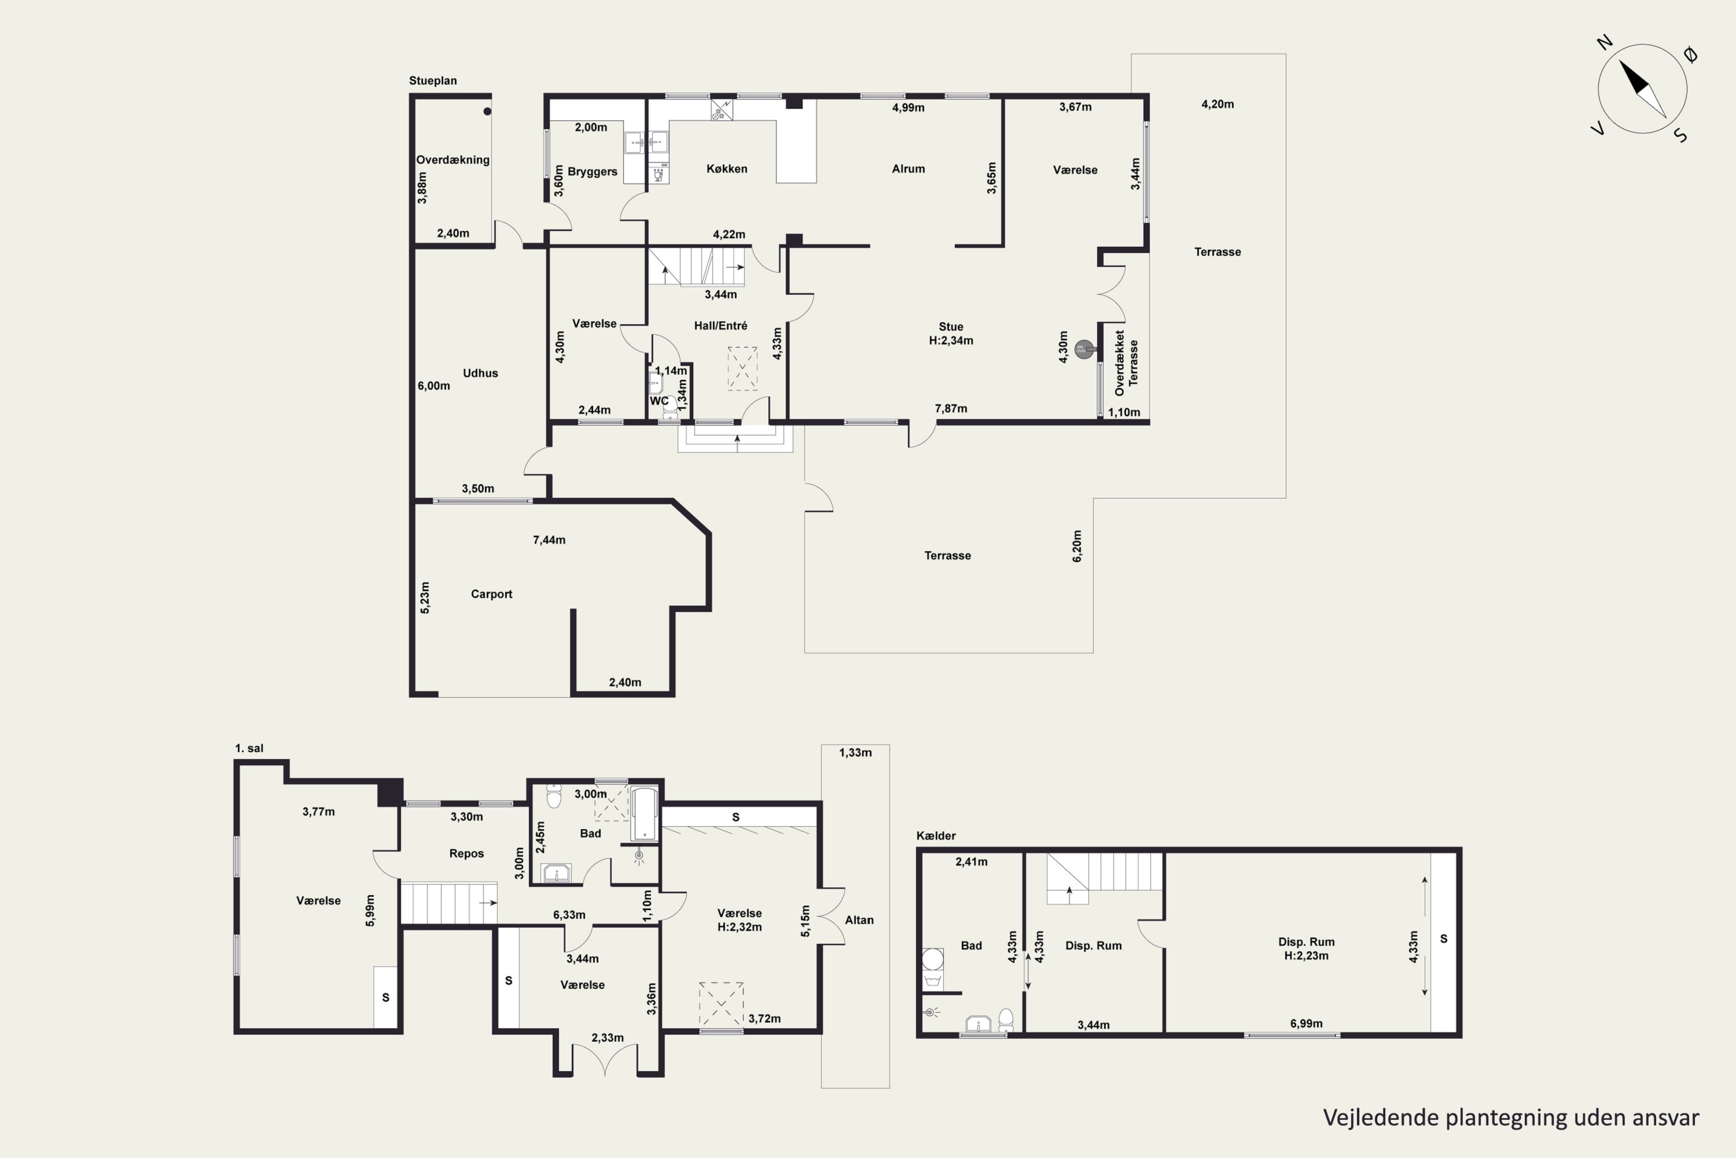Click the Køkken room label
[x=726, y=169]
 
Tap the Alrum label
[x=908, y=169]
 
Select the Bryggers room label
[x=592, y=172]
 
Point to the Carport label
[x=491, y=595]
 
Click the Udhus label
[x=480, y=373]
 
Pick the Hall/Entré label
[x=720, y=325]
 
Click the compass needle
[x=1642, y=89]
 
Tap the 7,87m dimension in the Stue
[x=951, y=408]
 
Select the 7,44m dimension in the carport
[x=549, y=540]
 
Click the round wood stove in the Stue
[x=1083, y=349]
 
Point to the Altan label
[x=859, y=920]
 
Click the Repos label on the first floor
[x=466, y=853]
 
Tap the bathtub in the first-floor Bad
[x=645, y=815]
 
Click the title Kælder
[x=936, y=836]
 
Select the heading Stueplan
[x=433, y=81]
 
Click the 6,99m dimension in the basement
[x=1307, y=1024]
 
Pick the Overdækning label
[x=453, y=160]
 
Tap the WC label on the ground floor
[x=659, y=401]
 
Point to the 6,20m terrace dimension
[x=1077, y=546]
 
